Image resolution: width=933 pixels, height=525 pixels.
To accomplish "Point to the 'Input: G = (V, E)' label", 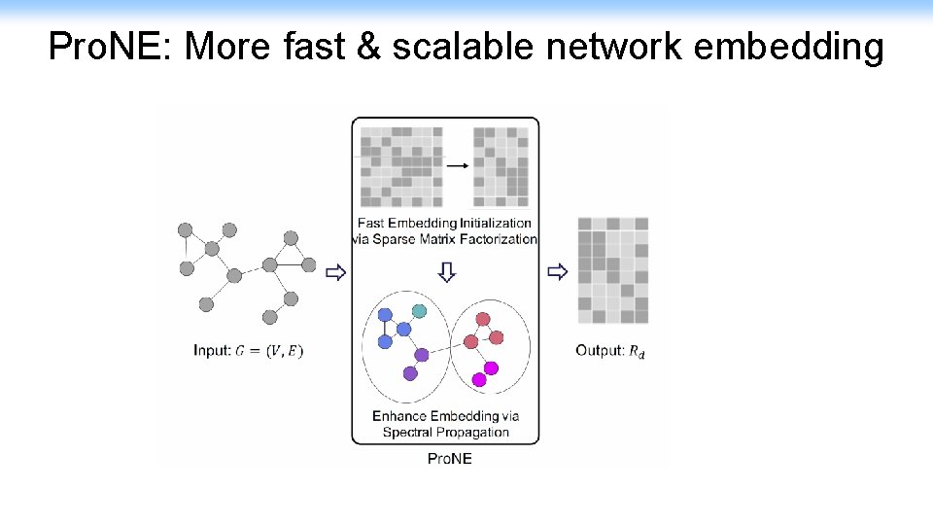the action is coord(249,350).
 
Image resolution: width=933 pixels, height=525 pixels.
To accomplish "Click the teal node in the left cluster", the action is coord(419,310).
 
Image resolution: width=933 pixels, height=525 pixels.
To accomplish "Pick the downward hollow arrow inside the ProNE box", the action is coord(446,272).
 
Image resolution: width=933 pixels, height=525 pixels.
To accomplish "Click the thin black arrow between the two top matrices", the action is coord(457,165).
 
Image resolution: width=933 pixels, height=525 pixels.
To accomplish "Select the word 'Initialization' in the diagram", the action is coord(498,224).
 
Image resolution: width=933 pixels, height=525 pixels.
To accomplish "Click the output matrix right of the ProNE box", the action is coord(612,270).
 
